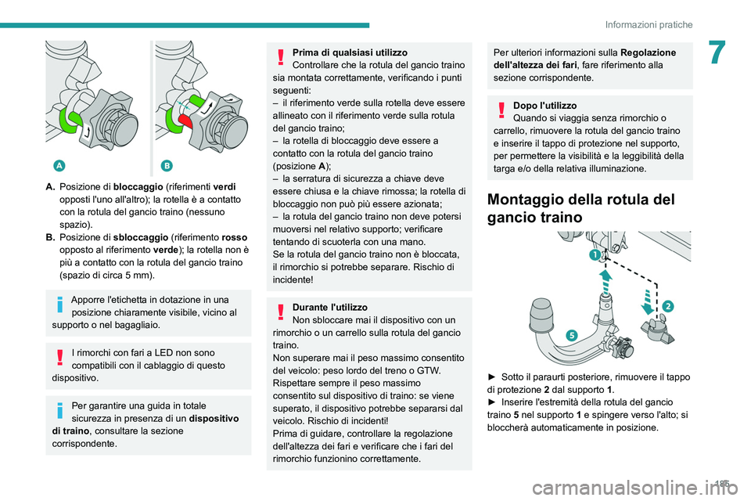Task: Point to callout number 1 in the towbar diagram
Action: point(595,256)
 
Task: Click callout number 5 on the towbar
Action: point(571,334)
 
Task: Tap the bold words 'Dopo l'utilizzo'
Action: point(544,105)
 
